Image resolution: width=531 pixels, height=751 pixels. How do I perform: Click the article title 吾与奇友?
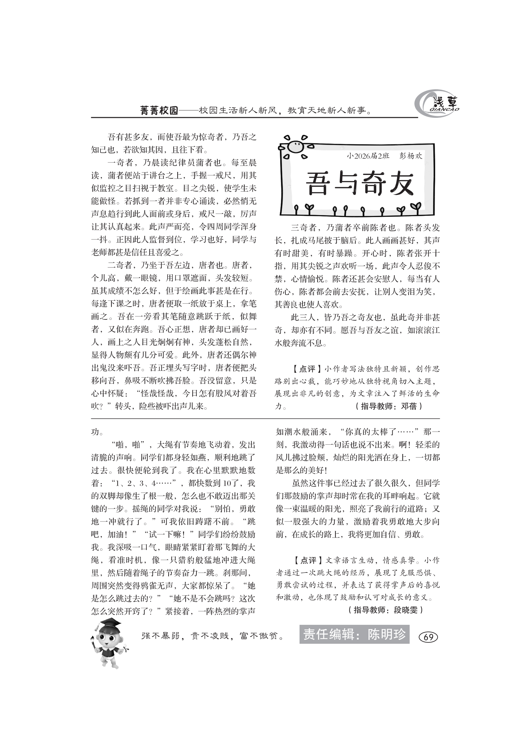[360, 184]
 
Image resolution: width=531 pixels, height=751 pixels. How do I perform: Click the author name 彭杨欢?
[411, 156]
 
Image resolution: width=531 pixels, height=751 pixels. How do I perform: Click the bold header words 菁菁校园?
[159, 111]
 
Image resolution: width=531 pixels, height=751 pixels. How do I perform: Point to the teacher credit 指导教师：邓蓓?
[388, 406]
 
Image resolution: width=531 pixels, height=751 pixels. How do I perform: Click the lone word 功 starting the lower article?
[95, 432]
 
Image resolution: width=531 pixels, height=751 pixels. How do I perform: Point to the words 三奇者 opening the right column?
[303, 228]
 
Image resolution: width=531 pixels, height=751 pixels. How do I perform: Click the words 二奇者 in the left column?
[120, 265]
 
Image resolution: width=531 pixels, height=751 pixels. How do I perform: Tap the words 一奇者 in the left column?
[120, 162]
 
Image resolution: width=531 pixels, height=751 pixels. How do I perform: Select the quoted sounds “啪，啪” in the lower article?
[130, 445]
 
